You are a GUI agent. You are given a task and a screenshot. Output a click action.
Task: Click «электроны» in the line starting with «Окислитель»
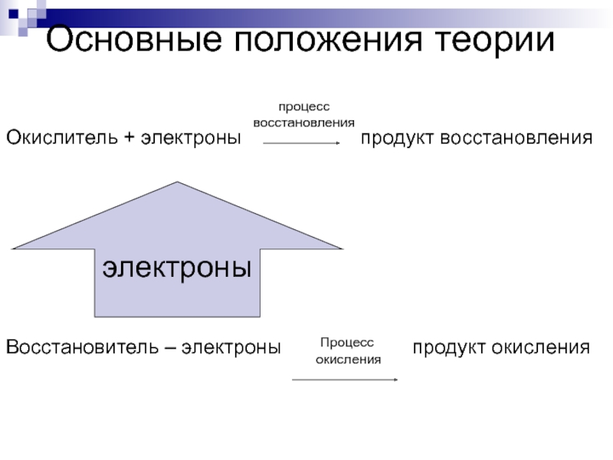coord(189,139)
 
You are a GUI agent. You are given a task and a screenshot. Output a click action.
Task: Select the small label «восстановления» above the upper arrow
coord(303,123)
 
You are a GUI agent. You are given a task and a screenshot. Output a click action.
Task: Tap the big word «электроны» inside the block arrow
coord(179,268)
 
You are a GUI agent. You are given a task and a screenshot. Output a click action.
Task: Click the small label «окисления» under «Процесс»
coord(349,359)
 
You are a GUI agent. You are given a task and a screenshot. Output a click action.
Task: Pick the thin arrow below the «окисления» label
coord(345,379)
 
